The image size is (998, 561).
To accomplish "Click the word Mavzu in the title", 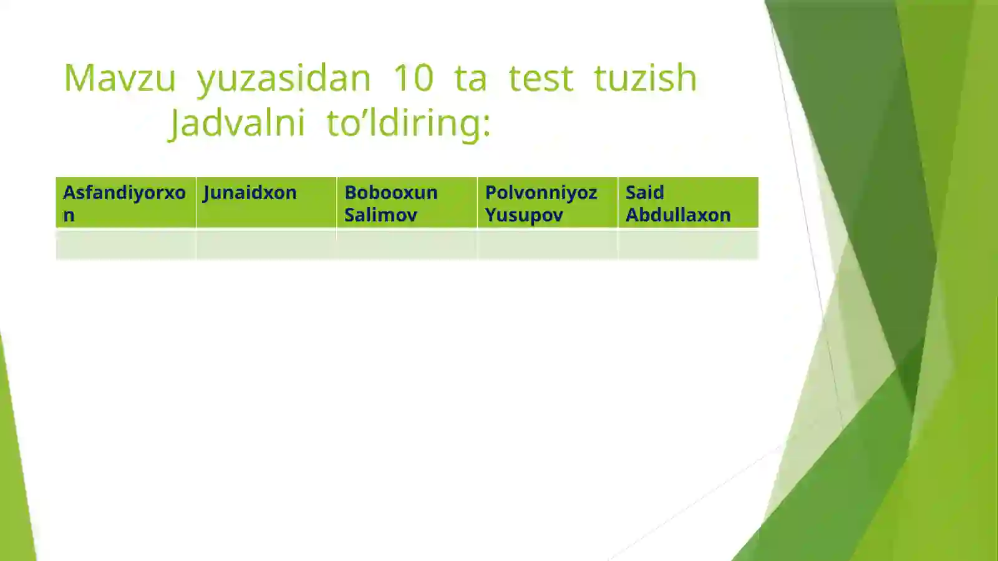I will click(x=120, y=79).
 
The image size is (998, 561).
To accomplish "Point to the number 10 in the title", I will click(x=413, y=79).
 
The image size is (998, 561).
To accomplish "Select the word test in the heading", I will click(x=541, y=79).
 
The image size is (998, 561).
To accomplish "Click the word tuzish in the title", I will click(x=645, y=79).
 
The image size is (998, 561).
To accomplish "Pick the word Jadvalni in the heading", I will click(x=238, y=123).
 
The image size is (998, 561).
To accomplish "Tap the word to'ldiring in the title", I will click(x=409, y=123).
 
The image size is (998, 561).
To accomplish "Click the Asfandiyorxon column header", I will click(x=125, y=203).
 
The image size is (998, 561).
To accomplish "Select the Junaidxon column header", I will click(x=250, y=193).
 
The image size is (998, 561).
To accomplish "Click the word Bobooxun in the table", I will click(x=391, y=193).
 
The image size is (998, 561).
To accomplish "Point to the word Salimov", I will click(x=380, y=215).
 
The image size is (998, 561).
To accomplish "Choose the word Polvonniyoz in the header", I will click(x=541, y=193).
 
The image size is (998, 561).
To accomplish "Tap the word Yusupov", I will click(x=524, y=215).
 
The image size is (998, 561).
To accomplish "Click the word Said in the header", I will click(x=644, y=193).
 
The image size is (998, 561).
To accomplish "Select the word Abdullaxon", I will click(x=678, y=215).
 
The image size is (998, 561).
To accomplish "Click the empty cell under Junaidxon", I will click(x=266, y=245).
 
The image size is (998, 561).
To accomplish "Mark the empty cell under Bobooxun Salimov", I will click(x=407, y=245).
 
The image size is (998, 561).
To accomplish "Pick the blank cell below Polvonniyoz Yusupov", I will click(x=548, y=245).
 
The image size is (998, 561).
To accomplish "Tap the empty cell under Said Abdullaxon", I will click(x=688, y=245).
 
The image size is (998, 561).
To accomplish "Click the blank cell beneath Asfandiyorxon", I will click(x=125, y=245).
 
